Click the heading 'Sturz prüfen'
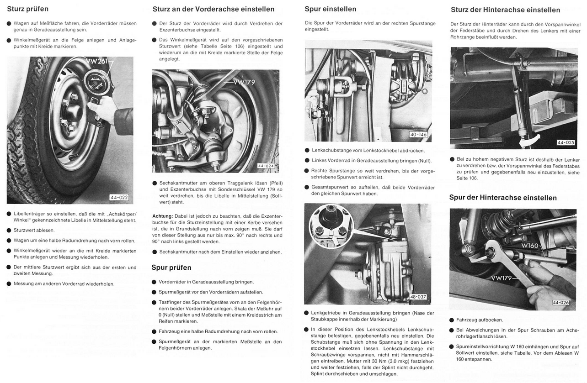(27, 9)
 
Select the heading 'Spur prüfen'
(171, 268)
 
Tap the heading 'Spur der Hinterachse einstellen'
(503, 198)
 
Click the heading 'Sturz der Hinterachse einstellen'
(505, 10)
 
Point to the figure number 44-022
(119, 198)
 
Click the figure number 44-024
(266, 166)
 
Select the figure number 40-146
(419, 135)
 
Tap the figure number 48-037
(418, 297)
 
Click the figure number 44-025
(566, 142)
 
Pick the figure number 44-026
(561, 302)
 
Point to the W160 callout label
(530, 246)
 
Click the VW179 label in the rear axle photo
(502, 278)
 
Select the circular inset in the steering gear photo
(331, 226)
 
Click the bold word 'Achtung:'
(162, 215)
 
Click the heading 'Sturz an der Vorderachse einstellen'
(213, 9)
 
